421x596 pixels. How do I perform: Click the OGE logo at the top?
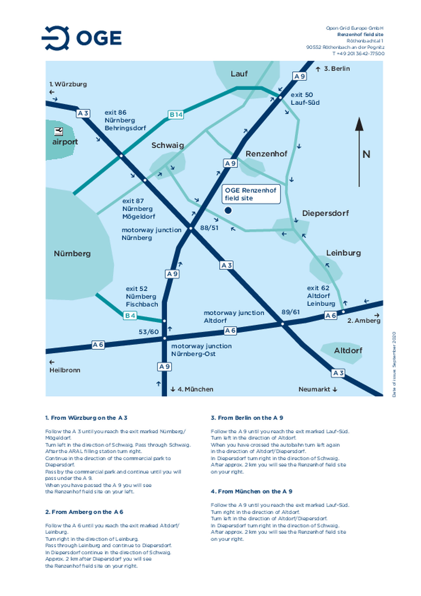(x=82, y=38)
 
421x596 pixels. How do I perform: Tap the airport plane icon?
(x=58, y=132)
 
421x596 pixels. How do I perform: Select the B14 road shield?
(x=176, y=115)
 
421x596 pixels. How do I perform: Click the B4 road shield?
(x=130, y=316)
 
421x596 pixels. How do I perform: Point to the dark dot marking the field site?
(x=228, y=210)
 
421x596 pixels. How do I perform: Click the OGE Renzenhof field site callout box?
(x=251, y=194)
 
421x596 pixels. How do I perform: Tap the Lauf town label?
(x=239, y=74)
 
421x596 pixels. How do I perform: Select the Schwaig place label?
(x=168, y=145)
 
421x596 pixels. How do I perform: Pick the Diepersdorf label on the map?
(x=325, y=213)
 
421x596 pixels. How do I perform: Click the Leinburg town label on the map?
(x=343, y=253)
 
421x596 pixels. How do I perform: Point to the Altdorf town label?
(x=348, y=350)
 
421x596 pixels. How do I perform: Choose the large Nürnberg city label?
(x=72, y=254)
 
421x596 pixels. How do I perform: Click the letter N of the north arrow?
(x=366, y=154)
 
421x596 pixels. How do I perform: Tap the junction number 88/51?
(x=209, y=228)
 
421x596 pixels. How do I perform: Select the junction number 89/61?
(x=290, y=312)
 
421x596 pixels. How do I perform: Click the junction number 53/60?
(x=149, y=332)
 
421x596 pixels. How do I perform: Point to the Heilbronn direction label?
(x=65, y=370)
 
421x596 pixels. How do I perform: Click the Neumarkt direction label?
(x=314, y=389)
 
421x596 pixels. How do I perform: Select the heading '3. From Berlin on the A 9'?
(x=247, y=418)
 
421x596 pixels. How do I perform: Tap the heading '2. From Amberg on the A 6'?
(x=84, y=512)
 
